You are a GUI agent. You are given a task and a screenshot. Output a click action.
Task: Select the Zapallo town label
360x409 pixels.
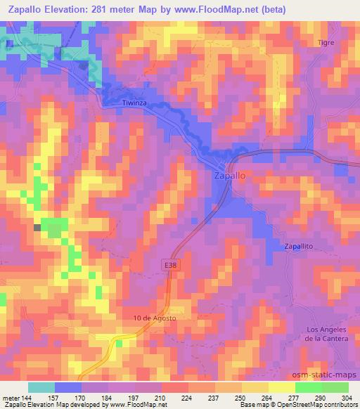pyautogui.click(x=229, y=177)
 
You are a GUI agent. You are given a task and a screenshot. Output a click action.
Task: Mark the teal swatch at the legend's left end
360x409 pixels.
pyautogui.click(x=41, y=387)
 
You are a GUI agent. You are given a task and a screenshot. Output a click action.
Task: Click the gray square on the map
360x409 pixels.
pyautogui.click(x=37, y=227)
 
